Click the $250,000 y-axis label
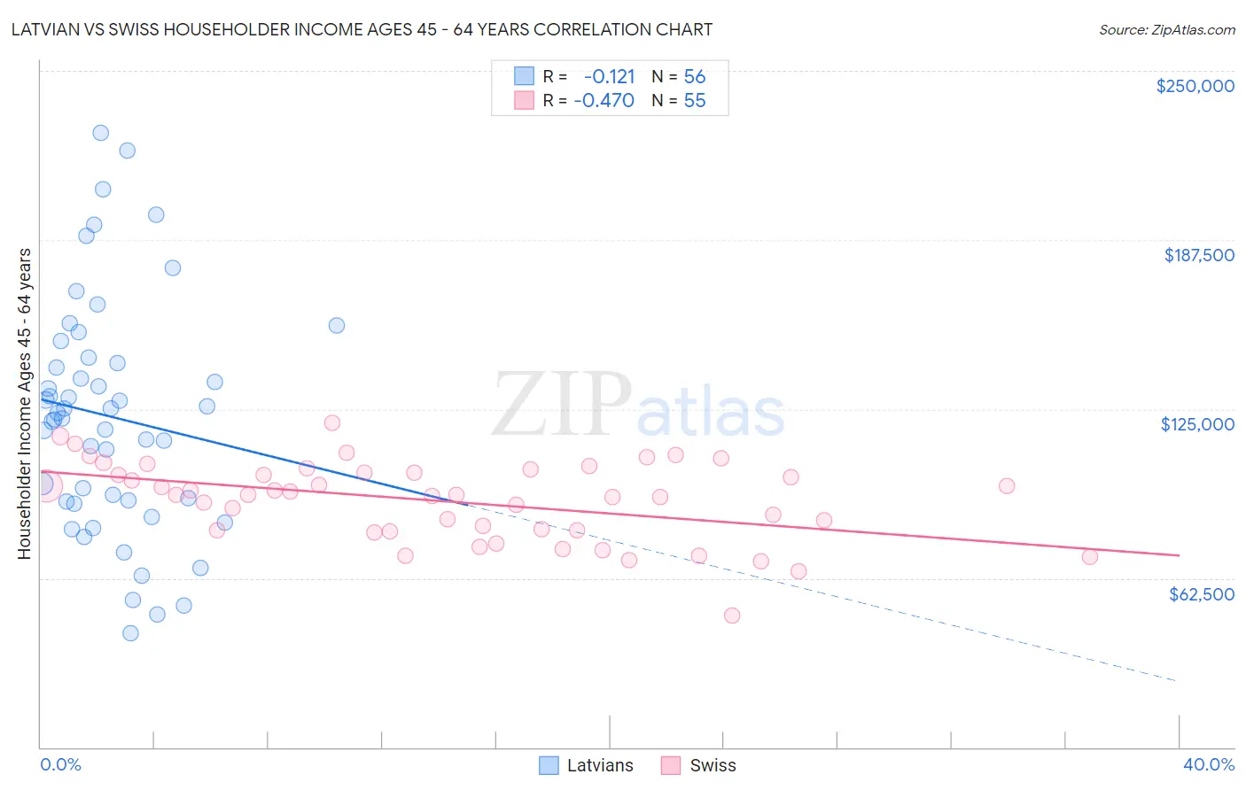1195,86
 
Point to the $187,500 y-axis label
1198,255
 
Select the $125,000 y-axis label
1197,424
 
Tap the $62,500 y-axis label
1201,594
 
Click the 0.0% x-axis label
60,764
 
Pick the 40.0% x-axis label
1208,764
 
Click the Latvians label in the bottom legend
600,765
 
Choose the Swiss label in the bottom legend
713,765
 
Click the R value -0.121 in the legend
609,76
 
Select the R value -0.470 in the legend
604,100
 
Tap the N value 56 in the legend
695,76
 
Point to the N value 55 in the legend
695,100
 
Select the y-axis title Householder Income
24,404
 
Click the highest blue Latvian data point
101,133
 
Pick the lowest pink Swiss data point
732,616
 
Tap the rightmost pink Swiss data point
1090,557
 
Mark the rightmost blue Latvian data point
337,325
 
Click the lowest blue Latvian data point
130,633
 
